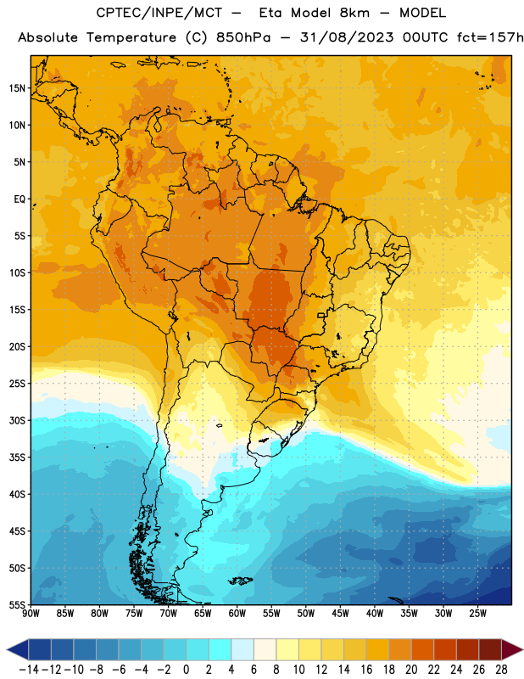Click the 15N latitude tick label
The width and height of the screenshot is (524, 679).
click(x=17, y=88)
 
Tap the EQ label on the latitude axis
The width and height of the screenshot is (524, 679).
click(x=20, y=199)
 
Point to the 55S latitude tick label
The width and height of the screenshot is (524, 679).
click(x=17, y=604)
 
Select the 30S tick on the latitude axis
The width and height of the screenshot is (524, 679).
click(x=17, y=420)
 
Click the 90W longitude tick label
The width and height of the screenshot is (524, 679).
click(x=31, y=614)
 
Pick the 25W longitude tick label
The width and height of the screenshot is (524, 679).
click(x=477, y=614)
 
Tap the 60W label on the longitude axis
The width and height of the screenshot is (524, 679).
click(x=237, y=614)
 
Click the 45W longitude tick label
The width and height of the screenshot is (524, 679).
click(x=340, y=614)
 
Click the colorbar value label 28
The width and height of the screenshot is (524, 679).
click(x=501, y=670)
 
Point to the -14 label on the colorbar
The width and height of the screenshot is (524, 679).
click(x=30, y=670)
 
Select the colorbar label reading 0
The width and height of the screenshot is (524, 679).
click(x=187, y=670)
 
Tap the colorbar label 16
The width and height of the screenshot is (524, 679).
click(x=366, y=670)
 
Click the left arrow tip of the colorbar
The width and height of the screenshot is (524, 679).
click(x=7, y=649)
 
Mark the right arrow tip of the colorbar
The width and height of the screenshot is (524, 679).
click(x=522, y=649)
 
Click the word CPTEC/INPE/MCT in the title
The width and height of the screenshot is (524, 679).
click(x=159, y=13)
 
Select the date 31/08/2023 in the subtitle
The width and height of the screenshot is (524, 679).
click(x=347, y=37)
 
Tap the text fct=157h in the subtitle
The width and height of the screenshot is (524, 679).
click(x=490, y=37)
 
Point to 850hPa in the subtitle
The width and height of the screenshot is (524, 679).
click(x=243, y=37)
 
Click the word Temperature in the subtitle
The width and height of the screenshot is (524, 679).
click(x=131, y=38)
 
